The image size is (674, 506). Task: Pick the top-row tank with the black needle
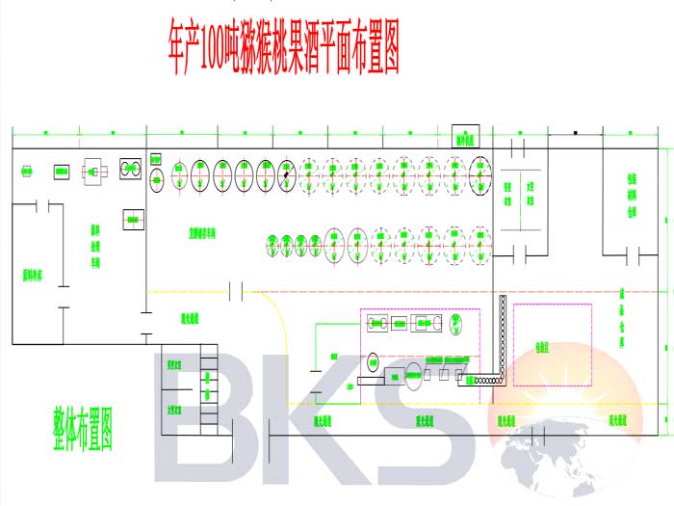285,174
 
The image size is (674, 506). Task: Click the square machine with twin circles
131,170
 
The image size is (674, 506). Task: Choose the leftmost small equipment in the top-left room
27,172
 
